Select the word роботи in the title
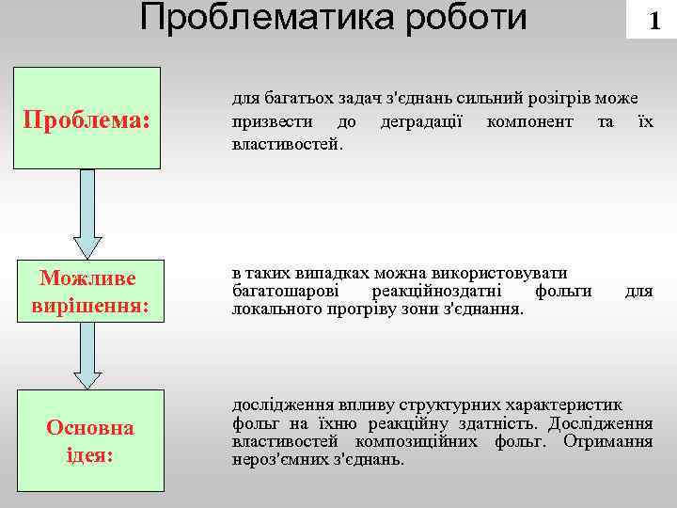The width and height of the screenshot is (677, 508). click(465, 17)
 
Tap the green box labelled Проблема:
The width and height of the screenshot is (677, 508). click(87, 120)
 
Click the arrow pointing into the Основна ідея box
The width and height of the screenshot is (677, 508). click(87, 357)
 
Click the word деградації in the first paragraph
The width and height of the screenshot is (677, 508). click(420, 122)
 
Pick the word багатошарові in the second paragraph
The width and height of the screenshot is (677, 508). click(280, 291)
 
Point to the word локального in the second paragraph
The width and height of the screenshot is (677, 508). click(274, 309)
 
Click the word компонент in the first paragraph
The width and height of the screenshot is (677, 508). click(530, 122)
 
